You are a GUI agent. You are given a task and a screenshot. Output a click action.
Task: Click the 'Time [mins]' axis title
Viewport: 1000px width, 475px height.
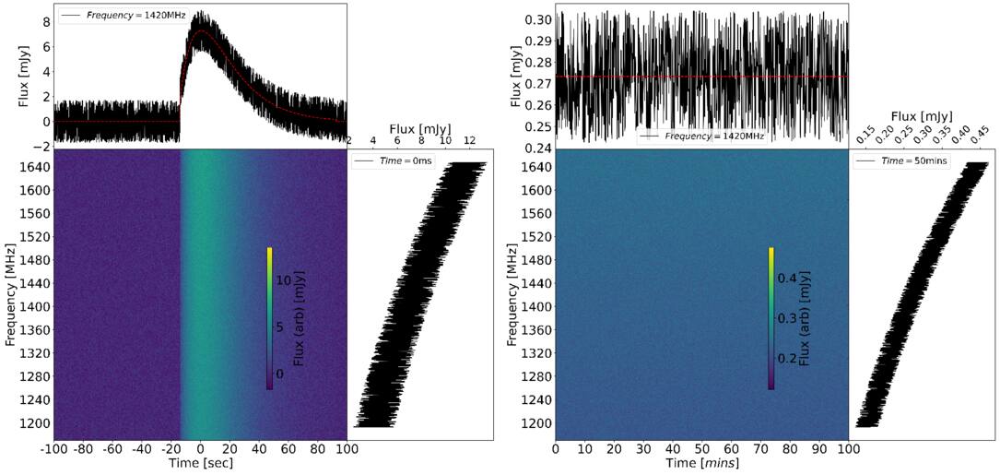(x=701, y=463)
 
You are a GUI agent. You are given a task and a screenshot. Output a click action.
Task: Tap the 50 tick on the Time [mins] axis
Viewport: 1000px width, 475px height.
(x=701, y=449)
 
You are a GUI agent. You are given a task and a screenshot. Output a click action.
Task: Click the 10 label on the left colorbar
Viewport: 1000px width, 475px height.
(x=283, y=279)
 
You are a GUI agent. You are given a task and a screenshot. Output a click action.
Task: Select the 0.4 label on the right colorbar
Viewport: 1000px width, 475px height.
(x=788, y=277)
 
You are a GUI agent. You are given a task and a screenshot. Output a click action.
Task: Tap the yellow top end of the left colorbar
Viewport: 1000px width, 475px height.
(x=269, y=250)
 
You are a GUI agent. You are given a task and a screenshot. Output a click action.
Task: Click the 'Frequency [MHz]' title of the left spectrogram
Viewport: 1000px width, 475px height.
(x=11, y=295)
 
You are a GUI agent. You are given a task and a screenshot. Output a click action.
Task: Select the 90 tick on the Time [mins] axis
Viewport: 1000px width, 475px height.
(x=819, y=449)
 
